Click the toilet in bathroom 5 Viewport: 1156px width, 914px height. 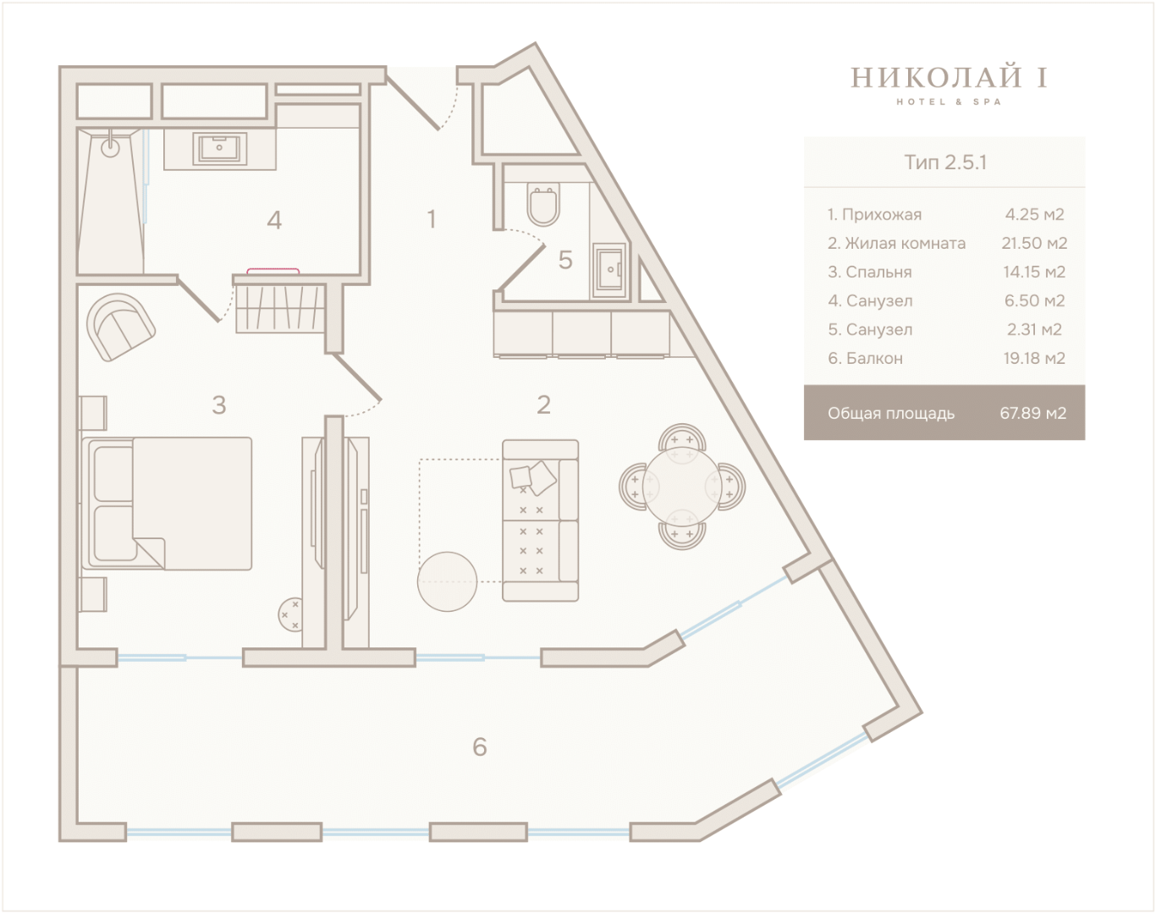point(543,204)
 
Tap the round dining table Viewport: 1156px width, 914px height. point(682,487)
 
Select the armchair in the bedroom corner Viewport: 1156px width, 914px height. point(121,328)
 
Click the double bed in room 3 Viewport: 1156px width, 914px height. point(167,504)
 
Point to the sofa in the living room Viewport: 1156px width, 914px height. point(541,520)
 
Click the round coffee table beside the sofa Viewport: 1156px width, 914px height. point(447,581)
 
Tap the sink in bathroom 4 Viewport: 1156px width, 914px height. point(219,148)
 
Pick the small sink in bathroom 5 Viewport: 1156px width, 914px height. point(609,270)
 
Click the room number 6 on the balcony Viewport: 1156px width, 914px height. point(480,747)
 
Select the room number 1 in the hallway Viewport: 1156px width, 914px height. point(431,219)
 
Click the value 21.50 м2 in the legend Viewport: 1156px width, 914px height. point(1034,244)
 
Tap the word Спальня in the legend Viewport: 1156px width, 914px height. point(878,272)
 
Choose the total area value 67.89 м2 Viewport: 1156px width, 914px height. point(1033,413)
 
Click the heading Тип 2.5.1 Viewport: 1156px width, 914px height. point(945,162)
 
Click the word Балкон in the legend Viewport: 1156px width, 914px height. point(874,358)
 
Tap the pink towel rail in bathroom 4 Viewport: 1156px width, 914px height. point(272,271)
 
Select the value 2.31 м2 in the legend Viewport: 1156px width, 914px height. point(1034,329)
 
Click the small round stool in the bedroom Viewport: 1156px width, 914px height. point(290,614)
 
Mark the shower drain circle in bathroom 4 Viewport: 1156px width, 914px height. point(110,147)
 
